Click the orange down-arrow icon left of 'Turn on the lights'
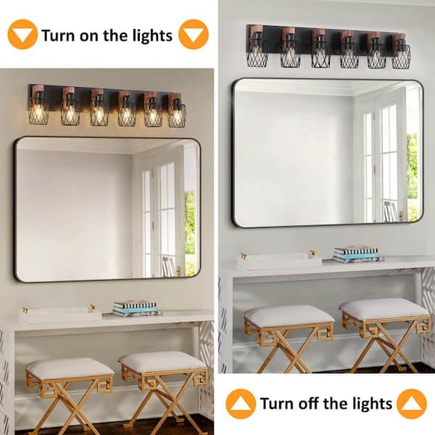click(22, 34)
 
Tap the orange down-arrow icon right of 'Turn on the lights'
click(193, 34)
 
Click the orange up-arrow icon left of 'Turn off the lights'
click(241, 404)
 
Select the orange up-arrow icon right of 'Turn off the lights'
click(412, 404)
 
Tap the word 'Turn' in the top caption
click(58, 35)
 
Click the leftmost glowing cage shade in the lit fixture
click(39, 112)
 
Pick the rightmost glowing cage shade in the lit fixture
click(177, 114)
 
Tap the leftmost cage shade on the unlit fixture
click(257, 54)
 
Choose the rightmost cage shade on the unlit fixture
click(401, 57)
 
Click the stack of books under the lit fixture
click(135, 308)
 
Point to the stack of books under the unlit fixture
click(357, 254)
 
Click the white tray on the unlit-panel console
click(278, 261)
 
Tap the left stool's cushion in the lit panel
click(70, 368)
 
